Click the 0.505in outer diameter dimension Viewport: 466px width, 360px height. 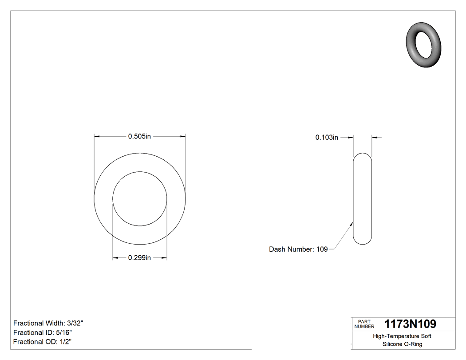[x=139, y=137]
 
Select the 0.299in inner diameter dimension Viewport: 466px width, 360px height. [x=139, y=258]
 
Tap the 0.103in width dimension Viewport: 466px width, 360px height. [x=327, y=138]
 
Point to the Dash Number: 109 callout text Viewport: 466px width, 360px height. [x=298, y=249]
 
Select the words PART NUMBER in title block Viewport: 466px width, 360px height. [x=364, y=324]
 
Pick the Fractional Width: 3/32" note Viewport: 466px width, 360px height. [x=48, y=324]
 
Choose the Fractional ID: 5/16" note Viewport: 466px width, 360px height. [x=43, y=332]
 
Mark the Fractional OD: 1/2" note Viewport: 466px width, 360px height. [x=43, y=342]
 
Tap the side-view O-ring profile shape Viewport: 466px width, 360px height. [x=362, y=199]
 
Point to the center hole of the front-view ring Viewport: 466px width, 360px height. [x=140, y=199]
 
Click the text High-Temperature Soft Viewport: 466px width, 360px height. [x=402, y=336]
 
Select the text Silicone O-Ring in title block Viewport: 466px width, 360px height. [x=402, y=344]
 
